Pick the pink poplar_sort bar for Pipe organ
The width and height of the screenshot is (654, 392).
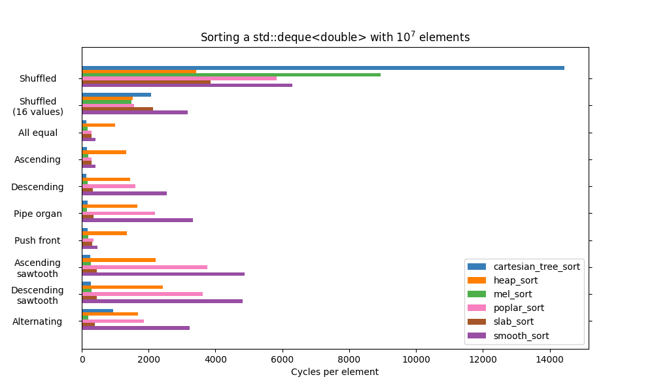pos(118,213)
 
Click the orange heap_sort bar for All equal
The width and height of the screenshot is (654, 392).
pos(98,125)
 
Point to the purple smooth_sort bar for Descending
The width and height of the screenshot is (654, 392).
pos(124,193)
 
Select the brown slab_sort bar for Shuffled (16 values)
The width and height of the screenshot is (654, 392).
pos(117,108)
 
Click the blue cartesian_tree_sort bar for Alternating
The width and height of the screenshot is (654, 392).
pos(97,311)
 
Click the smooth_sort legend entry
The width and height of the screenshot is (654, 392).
pos(521,336)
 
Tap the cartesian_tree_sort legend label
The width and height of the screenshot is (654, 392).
pos(536,267)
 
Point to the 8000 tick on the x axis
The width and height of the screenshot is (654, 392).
pos(349,359)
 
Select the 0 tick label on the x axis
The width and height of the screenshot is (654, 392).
pos(82,359)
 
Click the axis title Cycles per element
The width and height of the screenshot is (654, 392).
pos(334,372)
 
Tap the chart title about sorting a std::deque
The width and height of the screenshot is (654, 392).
pos(335,37)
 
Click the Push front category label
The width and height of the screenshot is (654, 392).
pos(37,240)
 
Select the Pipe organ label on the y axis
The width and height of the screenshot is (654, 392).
pos(38,214)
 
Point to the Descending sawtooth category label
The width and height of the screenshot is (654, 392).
pos(37,295)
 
